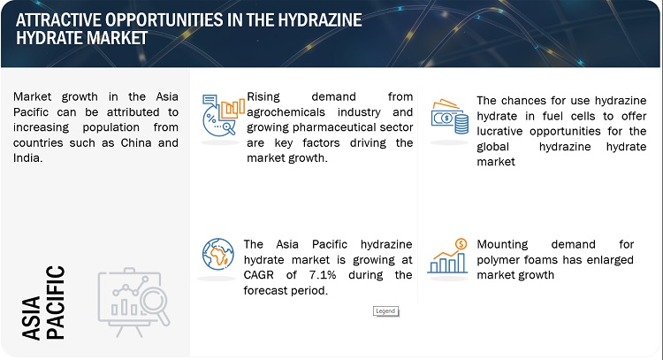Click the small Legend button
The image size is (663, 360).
385,311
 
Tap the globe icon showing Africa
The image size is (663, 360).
217,254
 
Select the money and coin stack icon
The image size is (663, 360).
450,117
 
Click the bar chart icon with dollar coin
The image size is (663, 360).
447,256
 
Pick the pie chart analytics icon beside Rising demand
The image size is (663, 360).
224,115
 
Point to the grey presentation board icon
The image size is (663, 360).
133,302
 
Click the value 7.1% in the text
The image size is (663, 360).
322,275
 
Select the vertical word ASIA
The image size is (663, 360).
32,318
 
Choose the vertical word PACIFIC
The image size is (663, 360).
56,303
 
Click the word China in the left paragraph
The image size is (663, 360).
136,142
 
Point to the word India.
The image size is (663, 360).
28,157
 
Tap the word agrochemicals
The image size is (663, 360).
286,112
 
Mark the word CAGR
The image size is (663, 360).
258,275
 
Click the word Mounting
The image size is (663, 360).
502,244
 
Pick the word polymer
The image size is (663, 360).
495,260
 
